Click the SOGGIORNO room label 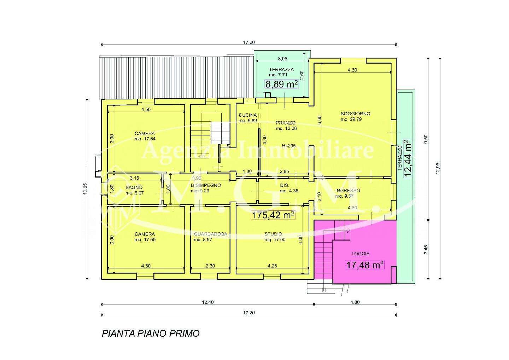pos(355,114)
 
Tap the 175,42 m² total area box pos(273,215)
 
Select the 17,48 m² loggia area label pos(365,265)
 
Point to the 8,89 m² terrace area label pos(281,84)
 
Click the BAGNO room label pos(134,187)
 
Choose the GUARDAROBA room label pos(210,234)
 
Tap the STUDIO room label pos(273,234)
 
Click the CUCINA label pos(248,115)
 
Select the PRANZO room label pos(286,123)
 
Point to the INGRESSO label pos(348,191)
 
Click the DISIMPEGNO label pos(206,185)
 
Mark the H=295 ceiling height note pos(288,146)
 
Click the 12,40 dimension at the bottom pos(208,302)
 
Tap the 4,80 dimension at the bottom pos(355,302)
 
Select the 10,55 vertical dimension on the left pos(85,189)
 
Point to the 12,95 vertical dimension pos(438,168)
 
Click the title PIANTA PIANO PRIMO pos(151,333)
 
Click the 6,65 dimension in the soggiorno pos(320,120)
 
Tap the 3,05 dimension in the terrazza pos(282,59)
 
